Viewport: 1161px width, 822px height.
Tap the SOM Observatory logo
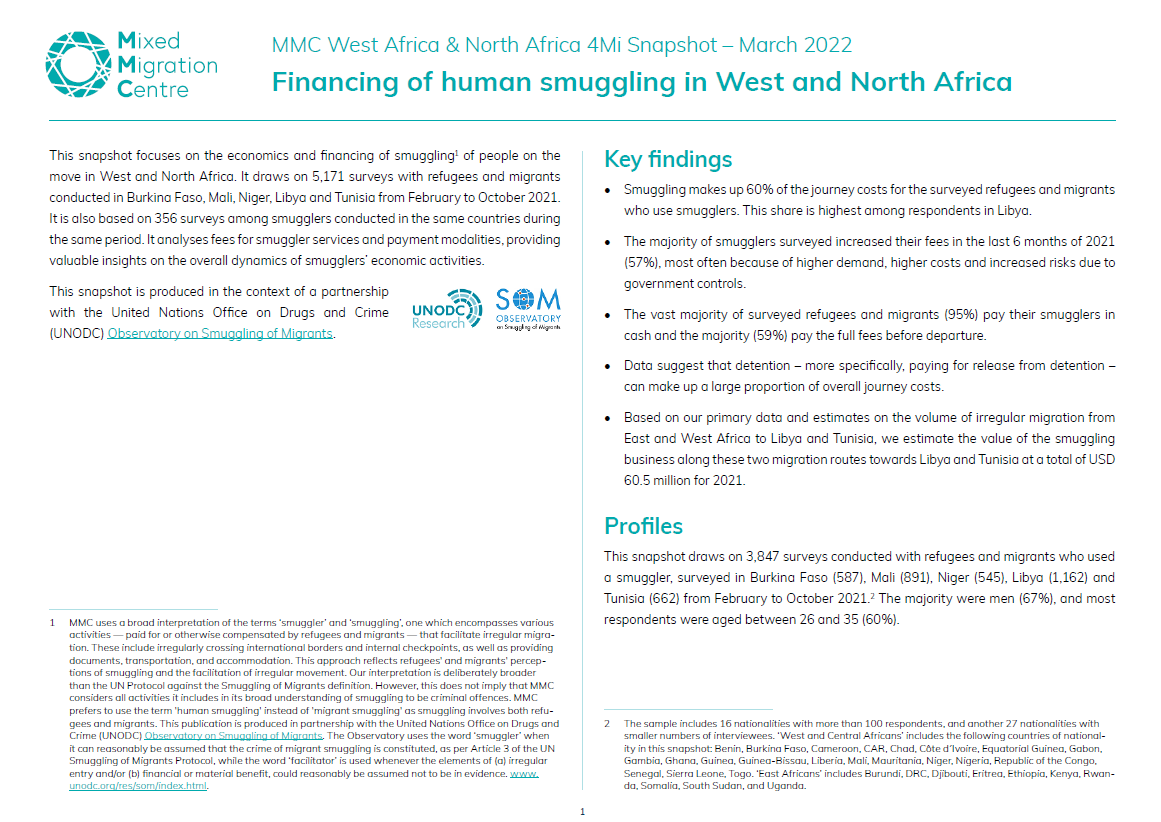[528, 309]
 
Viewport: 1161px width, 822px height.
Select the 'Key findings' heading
[668, 160]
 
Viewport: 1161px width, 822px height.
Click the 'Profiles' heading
[643, 526]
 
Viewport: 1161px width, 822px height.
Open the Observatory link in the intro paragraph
[220, 334]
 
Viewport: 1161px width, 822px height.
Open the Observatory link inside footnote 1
[233, 735]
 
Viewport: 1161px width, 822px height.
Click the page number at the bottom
[581, 811]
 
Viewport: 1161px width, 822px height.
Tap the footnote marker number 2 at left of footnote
[607, 723]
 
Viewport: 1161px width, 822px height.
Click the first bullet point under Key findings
[612, 190]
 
